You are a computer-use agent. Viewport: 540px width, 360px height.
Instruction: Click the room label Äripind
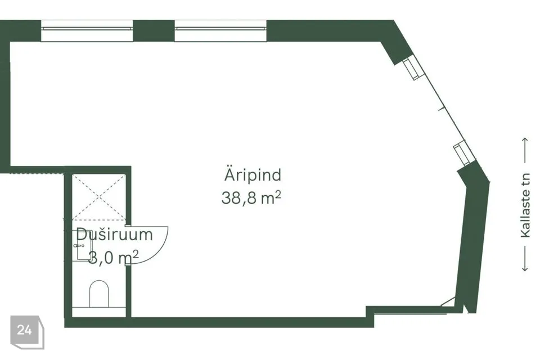click(x=253, y=175)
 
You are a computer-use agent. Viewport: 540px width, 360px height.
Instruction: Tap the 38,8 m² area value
click(x=251, y=198)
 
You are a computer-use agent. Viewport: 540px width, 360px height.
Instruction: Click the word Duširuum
click(x=114, y=234)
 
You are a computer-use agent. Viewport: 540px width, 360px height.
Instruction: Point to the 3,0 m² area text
click(x=114, y=257)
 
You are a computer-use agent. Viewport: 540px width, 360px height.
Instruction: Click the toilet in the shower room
click(x=99, y=294)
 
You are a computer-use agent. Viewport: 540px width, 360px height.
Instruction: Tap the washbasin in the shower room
click(x=83, y=245)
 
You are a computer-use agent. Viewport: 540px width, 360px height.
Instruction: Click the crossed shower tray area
click(x=99, y=197)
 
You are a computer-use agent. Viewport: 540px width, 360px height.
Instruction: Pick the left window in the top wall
click(x=87, y=31)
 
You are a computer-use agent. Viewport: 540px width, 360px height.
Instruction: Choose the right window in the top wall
click(x=220, y=31)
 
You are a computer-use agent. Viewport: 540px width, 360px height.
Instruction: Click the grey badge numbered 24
click(x=27, y=332)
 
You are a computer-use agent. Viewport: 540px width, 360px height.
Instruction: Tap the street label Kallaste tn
click(x=525, y=205)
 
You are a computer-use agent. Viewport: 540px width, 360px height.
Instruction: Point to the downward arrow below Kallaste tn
click(x=525, y=259)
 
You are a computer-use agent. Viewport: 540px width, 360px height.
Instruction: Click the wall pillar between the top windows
click(x=154, y=31)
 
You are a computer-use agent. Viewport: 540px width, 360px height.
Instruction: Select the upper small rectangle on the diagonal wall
click(x=412, y=69)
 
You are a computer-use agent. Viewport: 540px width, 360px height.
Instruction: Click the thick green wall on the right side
click(x=473, y=241)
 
